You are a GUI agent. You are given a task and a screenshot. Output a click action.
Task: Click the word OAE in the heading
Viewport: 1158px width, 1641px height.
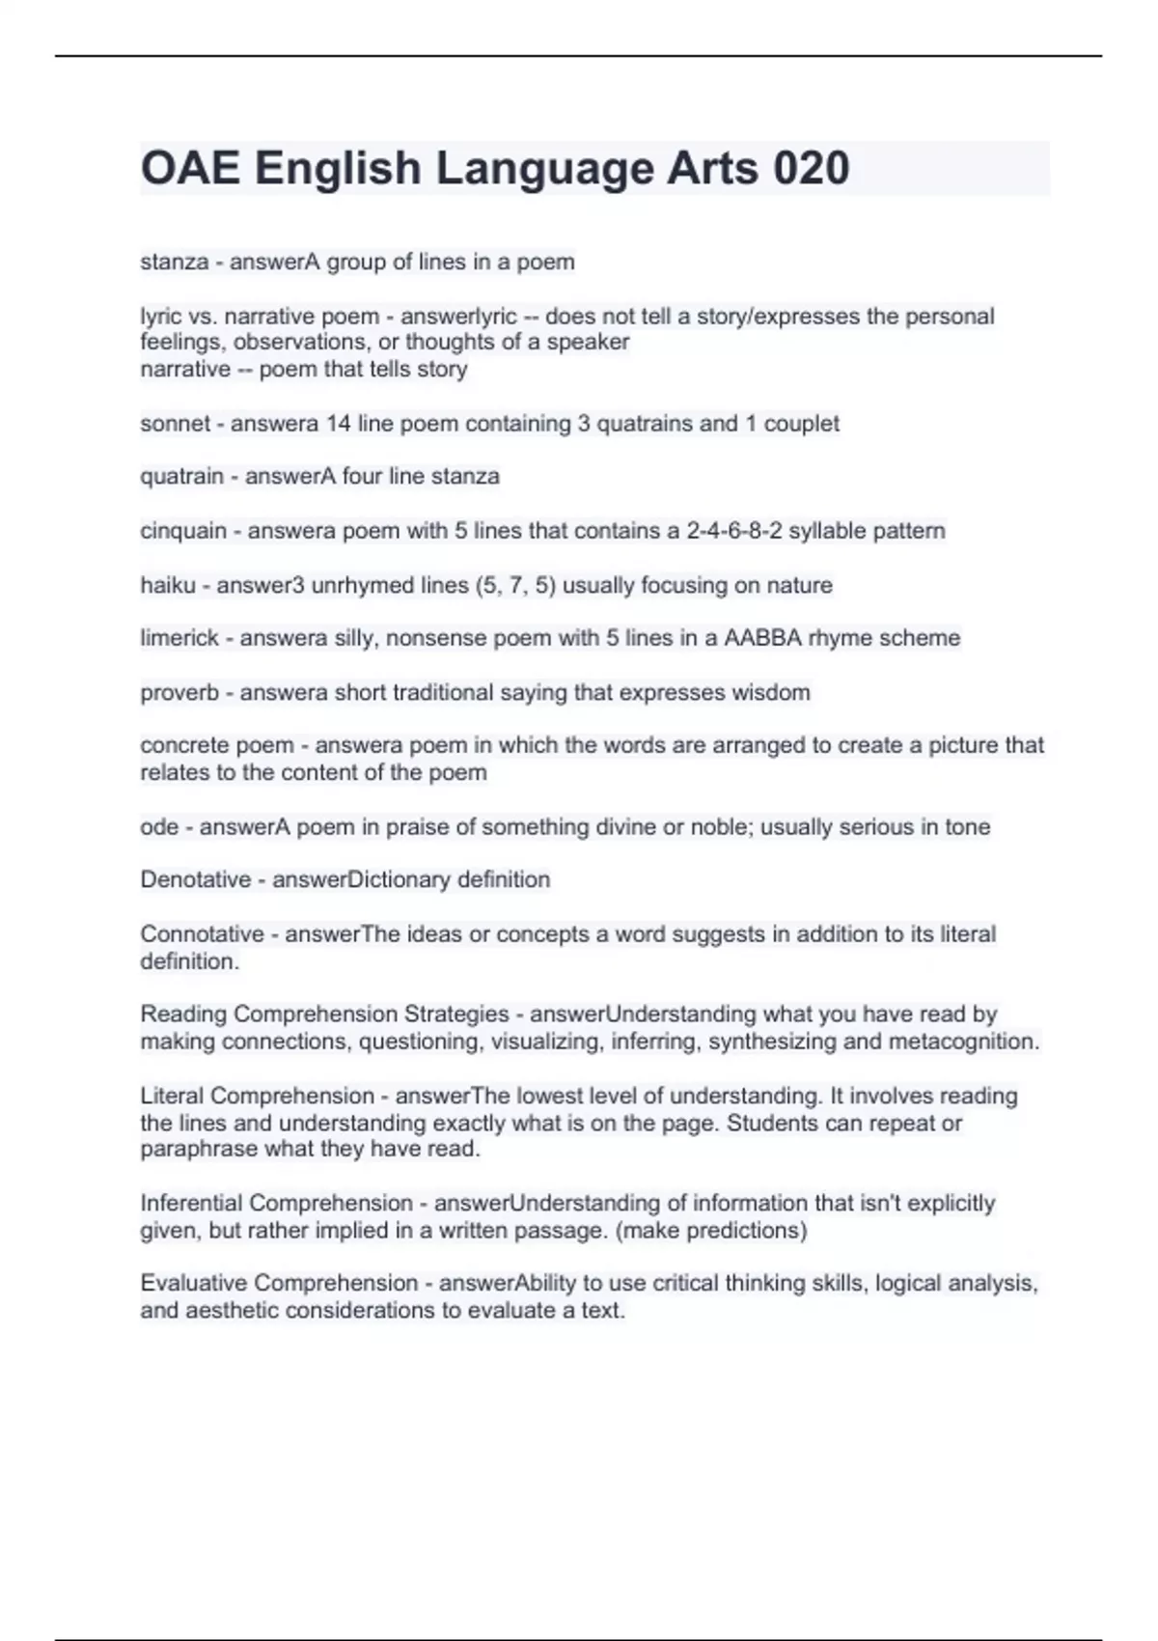coord(190,169)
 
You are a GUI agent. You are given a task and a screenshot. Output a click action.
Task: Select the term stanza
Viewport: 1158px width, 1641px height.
coord(174,263)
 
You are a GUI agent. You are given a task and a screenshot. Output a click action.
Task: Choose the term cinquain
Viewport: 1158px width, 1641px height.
coord(182,531)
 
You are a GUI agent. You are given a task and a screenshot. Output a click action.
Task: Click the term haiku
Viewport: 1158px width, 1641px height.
coord(167,585)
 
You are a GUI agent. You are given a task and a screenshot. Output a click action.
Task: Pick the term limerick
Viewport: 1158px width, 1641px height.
coord(179,638)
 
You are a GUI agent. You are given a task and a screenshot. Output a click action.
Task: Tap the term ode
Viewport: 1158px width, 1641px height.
coord(159,827)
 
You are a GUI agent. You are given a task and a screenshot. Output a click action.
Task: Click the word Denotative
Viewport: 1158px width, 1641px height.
coord(195,880)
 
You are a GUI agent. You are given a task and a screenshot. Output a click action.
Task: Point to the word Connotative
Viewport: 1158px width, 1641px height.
coord(202,934)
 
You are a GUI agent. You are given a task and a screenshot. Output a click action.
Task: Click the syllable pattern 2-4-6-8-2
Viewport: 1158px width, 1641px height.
coord(733,531)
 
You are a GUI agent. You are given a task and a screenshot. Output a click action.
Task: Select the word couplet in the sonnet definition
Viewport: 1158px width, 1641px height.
coord(801,424)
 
